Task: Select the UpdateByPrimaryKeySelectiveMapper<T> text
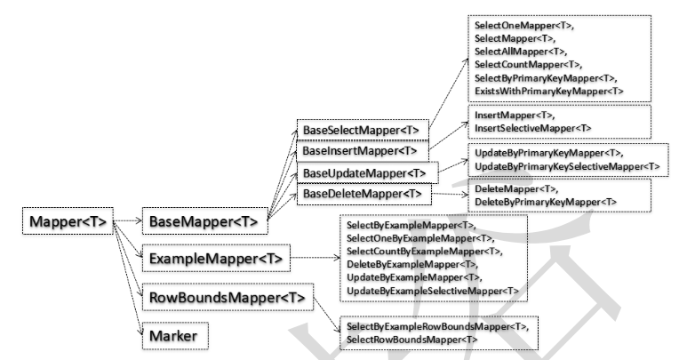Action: pyautogui.click(x=567, y=166)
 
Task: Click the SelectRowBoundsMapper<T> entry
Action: pyautogui.click(x=404, y=340)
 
